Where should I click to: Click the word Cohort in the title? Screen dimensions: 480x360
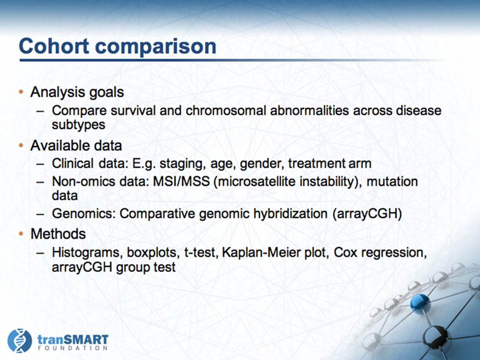tap(54, 46)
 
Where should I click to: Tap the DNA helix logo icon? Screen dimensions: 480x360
tap(19, 340)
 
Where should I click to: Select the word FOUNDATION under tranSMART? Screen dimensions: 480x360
tap(72, 348)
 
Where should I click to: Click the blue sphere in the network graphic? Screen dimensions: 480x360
tap(420, 303)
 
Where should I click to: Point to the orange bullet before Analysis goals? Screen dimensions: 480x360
tap(21, 92)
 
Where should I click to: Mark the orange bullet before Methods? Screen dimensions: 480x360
tap(21, 234)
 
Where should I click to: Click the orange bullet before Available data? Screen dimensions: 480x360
tap(21, 145)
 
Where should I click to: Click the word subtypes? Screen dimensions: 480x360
tap(78, 125)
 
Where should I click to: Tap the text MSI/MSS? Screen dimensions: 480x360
tap(181, 181)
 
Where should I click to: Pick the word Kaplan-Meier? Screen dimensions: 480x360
tap(261, 252)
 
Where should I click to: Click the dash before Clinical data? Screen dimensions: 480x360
tap(40, 164)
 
